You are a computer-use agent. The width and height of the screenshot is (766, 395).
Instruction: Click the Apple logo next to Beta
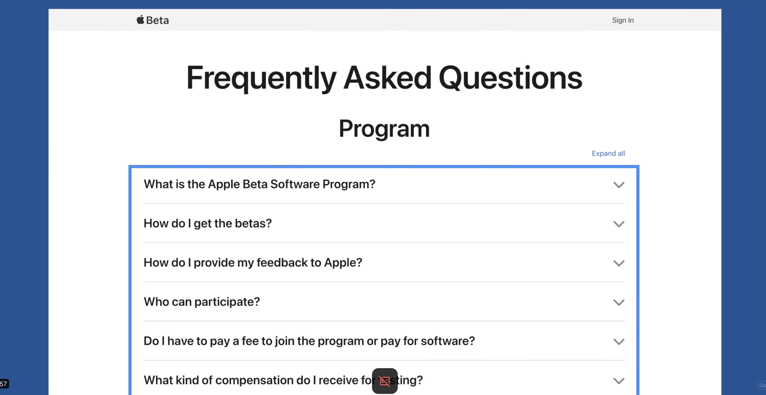click(140, 20)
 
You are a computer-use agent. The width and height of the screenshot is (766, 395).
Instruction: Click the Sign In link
click(623, 20)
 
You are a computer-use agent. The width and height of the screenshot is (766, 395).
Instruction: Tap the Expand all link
click(608, 153)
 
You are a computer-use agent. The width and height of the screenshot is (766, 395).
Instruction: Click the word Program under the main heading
click(384, 129)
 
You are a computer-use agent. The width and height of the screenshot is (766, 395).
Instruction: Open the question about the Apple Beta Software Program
click(259, 184)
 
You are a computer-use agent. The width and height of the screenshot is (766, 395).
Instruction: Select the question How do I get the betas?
click(208, 223)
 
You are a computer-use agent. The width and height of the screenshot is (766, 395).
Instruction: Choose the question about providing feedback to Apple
click(253, 263)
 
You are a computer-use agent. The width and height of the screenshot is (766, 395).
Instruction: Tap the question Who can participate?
click(202, 302)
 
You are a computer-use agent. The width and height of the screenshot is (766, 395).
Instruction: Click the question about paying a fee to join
click(309, 341)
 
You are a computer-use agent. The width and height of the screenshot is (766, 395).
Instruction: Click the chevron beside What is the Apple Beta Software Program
click(619, 185)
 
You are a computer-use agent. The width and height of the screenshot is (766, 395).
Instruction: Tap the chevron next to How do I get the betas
click(619, 224)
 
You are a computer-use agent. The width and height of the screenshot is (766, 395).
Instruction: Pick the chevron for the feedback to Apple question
click(619, 264)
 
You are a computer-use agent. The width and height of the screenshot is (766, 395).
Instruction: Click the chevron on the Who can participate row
click(619, 303)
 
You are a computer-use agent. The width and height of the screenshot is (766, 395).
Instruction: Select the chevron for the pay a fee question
click(619, 342)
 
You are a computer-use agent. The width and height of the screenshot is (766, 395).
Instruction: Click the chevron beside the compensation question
click(619, 381)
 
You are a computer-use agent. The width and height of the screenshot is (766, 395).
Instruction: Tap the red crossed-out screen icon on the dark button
click(385, 381)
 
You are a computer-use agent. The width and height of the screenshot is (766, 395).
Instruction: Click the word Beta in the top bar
click(157, 20)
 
